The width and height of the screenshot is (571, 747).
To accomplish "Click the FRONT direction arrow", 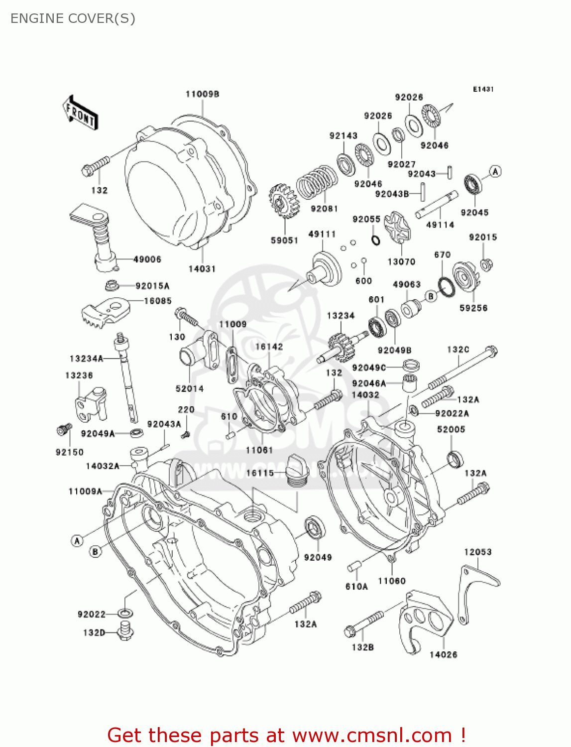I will click(x=80, y=114).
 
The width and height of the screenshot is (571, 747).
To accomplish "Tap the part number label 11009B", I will click(x=202, y=94).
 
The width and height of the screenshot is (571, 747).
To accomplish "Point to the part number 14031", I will click(x=202, y=269).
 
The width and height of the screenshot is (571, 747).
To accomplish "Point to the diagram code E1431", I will click(x=483, y=89).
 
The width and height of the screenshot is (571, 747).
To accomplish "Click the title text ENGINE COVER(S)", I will click(x=73, y=18).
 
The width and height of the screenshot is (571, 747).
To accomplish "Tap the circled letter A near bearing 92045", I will click(x=495, y=172).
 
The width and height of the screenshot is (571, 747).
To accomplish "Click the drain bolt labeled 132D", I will click(x=125, y=631).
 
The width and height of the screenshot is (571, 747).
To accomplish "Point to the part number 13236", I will click(x=79, y=375).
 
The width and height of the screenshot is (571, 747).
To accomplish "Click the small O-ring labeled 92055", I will click(x=376, y=241).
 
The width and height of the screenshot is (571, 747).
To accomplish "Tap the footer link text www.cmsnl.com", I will click(x=372, y=735).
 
